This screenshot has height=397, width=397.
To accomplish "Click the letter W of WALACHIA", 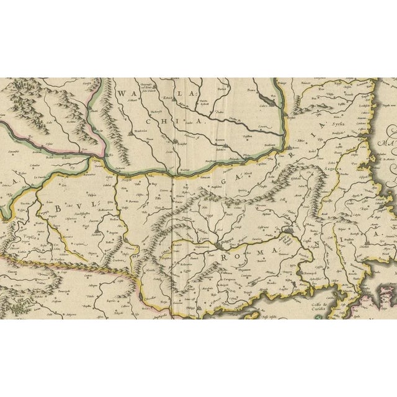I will click(x=122, y=94).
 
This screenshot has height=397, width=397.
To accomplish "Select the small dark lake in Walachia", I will click(x=128, y=133).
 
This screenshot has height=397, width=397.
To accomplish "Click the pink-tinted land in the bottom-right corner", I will click(x=372, y=306).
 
